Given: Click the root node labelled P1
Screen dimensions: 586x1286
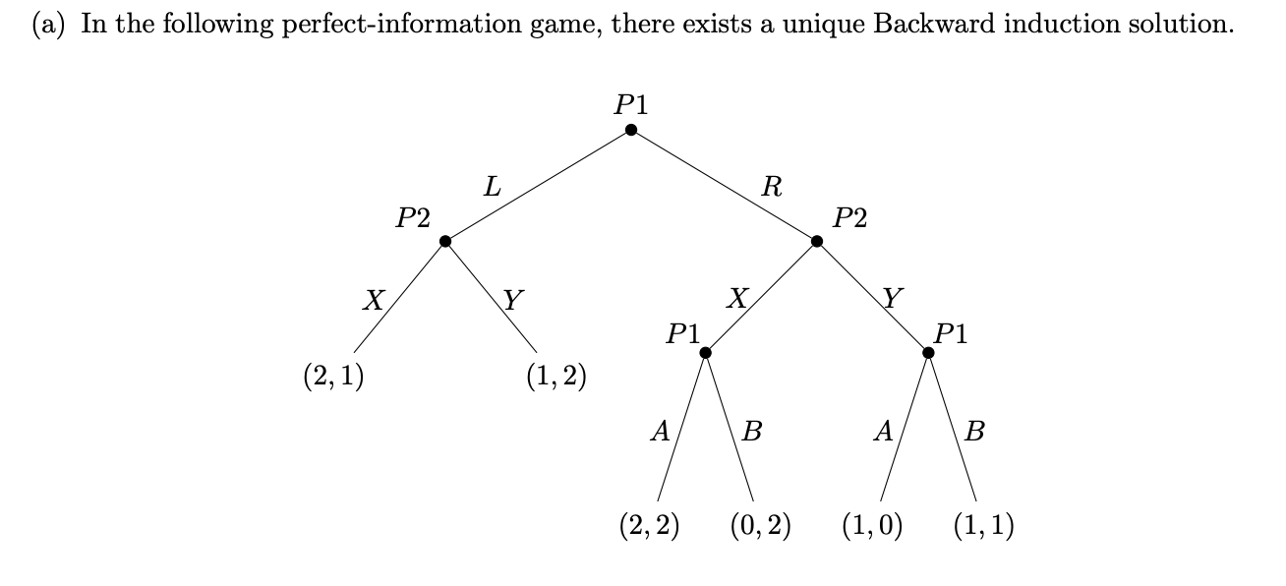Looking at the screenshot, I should (x=631, y=130).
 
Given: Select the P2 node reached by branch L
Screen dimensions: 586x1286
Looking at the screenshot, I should (x=445, y=241).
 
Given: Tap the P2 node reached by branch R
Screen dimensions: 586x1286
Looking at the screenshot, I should (x=816, y=241).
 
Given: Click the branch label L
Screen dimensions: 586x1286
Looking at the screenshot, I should (x=491, y=187).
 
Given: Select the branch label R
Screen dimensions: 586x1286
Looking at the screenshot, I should (x=772, y=187).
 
